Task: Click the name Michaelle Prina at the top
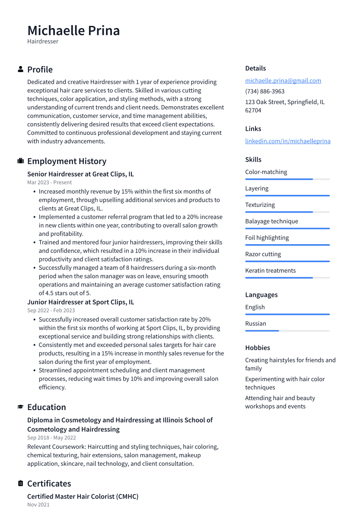coord(73,31)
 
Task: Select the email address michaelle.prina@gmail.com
coord(283,80)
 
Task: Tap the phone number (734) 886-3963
coord(264,91)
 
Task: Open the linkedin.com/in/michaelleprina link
coord(287,141)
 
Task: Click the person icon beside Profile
coord(20,69)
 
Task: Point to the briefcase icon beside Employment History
coord(20,161)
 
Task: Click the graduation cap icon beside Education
coord(20,407)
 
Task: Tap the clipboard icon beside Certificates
coord(20,484)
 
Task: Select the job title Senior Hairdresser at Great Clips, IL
coord(80,174)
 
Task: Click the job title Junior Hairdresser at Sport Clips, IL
coord(80,302)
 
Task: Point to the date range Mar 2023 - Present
coord(49,182)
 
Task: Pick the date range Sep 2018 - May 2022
coord(51,438)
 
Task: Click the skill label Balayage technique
coord(271,221)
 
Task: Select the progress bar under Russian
coord(287,331)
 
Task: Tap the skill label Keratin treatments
coord(270,270)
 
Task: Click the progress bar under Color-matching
coord(287,179)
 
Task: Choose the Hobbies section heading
coord(258,347)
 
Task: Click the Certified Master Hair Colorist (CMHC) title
coord(83,496)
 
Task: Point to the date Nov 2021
coord(38,504)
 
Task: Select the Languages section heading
coord(261,295)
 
